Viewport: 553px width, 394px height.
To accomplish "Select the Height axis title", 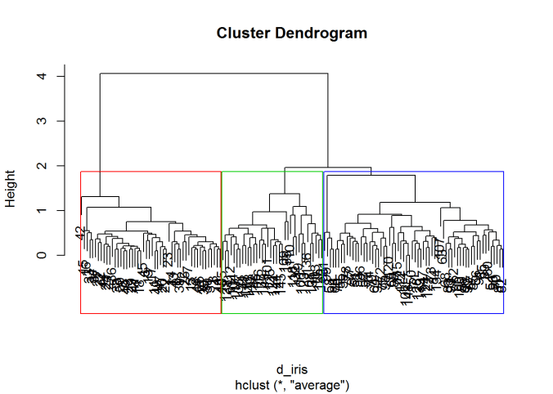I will (11, 188).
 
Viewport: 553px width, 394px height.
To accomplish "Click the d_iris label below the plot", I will (292, 370).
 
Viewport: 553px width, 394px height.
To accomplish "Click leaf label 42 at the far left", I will (80, 232).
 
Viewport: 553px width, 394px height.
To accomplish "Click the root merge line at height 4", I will (214, 74).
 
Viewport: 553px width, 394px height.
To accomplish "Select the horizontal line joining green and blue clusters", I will (327, 168).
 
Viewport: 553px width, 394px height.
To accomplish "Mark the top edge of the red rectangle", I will (151, 172).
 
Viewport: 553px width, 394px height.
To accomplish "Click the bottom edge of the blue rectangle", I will (413, 313).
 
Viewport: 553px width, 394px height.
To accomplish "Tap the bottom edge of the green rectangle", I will (272, 313).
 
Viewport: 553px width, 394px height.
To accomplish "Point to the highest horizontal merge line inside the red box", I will (100, 196).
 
